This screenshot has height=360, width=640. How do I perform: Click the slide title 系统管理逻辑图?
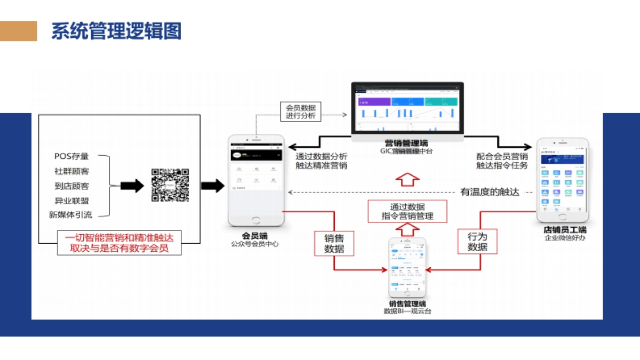tap(116, 31)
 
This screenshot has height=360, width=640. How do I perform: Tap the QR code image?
tap(170, 185)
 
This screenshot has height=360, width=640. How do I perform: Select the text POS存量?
tap(71, 156)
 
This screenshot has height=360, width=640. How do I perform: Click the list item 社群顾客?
tap(71, 171)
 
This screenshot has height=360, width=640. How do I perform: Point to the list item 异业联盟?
tap(71, 201)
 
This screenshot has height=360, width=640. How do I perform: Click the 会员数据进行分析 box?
tap(300, 111)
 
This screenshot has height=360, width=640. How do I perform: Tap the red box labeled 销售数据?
tap(334, 243)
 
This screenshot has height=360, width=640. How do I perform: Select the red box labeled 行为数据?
tap(477, 242)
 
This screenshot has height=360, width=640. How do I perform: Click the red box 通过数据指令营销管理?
tap(407, 211)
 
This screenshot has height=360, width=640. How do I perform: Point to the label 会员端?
tap(255, 235)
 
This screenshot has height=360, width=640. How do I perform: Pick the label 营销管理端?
tap(406, 143)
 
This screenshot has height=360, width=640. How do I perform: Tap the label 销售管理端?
tap(407, 303)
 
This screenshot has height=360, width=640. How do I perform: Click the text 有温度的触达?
tap(489, 193)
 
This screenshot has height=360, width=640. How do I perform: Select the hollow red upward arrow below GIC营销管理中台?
tap(407, 179)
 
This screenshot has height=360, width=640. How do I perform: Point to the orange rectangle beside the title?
tap(19, 31)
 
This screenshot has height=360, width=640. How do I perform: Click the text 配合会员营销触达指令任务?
tap(502, 161)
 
